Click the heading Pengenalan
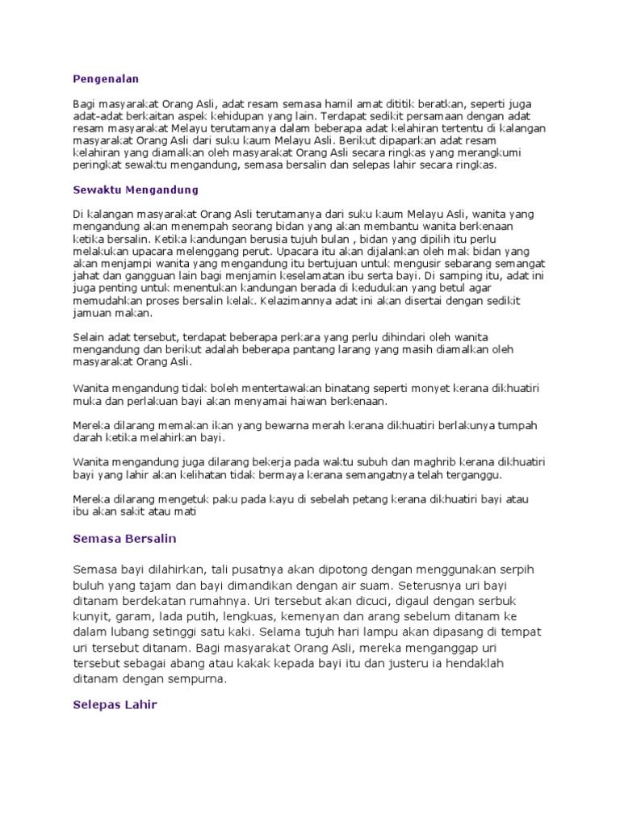point(105,78)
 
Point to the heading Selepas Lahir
point(114,704)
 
